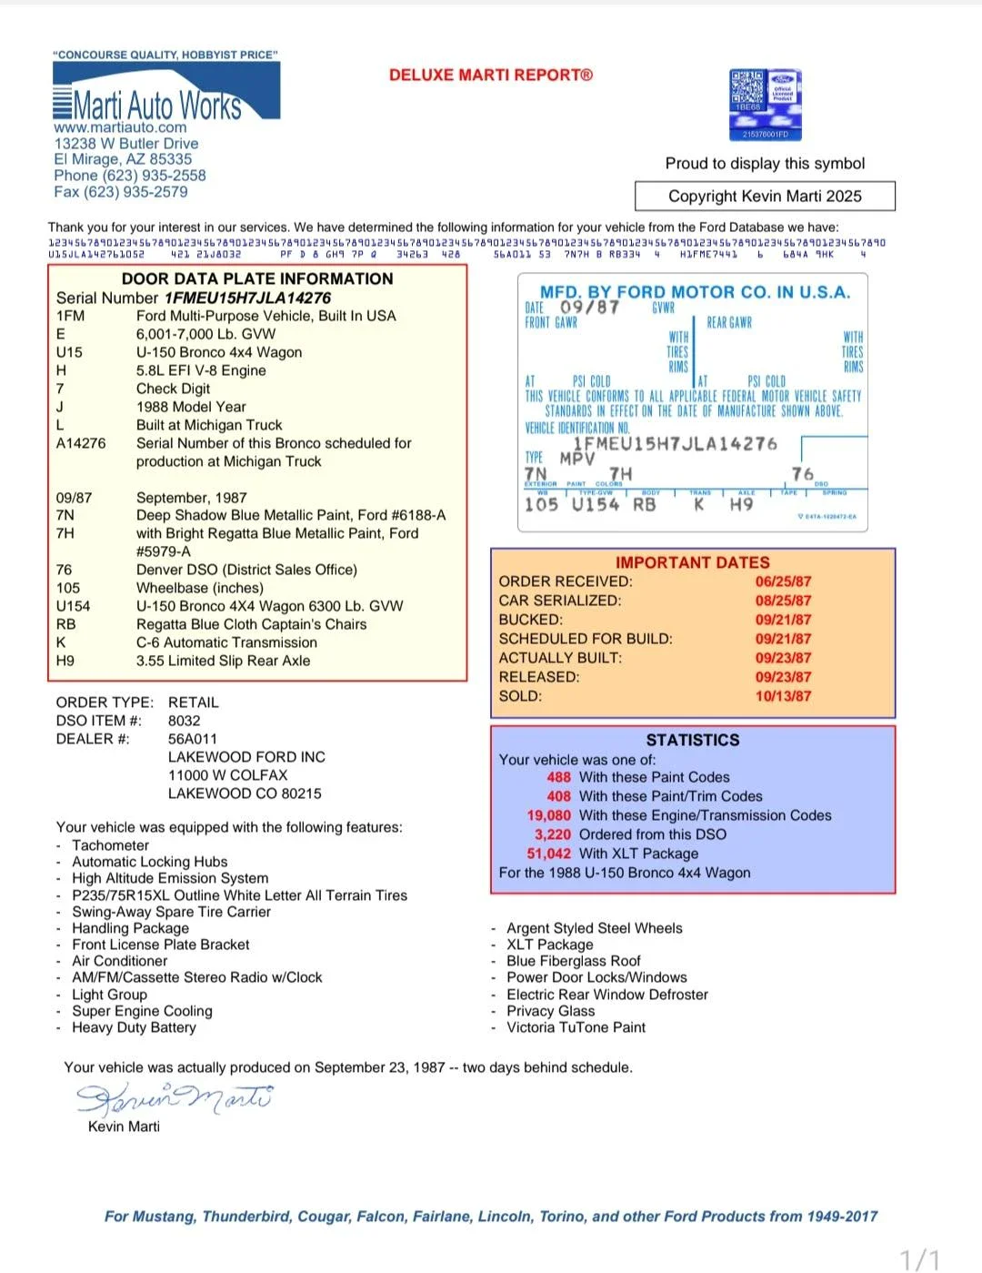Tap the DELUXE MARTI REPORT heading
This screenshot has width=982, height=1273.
[490, 76]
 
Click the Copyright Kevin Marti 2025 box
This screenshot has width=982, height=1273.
[765, 196]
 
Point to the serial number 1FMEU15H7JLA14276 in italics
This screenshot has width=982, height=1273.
[247, 298]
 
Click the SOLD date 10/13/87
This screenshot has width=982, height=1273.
[783, 696]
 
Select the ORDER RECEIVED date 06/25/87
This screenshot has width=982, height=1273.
[783, 581]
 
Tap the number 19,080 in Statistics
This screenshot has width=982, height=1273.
[549, 815]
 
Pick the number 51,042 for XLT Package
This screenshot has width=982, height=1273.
[549, 854]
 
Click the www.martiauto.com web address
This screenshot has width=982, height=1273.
[120, 128]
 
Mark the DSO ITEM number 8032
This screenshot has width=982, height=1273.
[185, 721]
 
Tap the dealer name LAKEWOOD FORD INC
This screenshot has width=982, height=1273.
[246, 757]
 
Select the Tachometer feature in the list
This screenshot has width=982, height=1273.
[111, 845]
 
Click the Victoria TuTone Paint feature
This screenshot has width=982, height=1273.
[576, 1027]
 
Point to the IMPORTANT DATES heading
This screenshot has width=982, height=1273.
[692, 562]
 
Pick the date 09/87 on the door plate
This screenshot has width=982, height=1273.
[590, 307]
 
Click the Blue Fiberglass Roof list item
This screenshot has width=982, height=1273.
[574, 961]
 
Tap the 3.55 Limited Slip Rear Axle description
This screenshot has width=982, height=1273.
[223, 661]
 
